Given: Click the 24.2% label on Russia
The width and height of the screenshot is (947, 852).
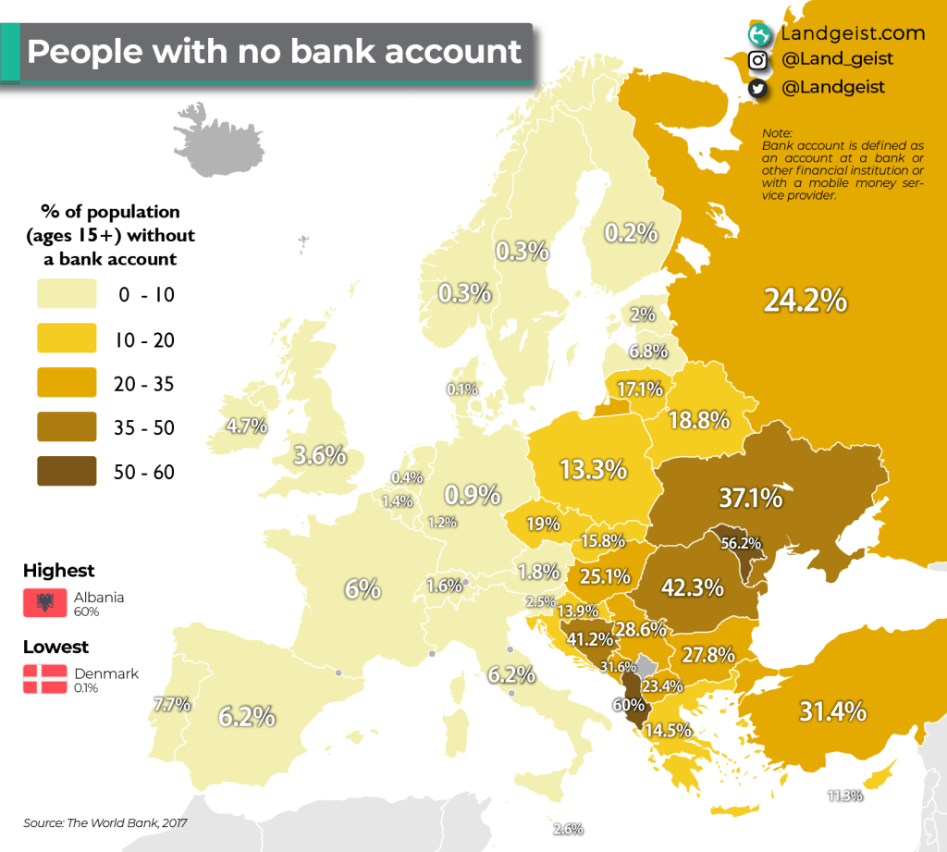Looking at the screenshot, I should (805, 301).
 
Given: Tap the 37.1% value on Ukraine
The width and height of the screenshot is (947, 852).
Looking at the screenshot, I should (751, 499).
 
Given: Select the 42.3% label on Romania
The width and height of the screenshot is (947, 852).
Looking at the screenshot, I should (693, 587).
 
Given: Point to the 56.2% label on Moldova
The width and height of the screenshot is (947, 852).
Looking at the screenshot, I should (741, 544).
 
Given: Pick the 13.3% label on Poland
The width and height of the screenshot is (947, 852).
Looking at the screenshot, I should (594, 469).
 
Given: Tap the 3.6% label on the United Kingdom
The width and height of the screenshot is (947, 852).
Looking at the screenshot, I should (320, 455).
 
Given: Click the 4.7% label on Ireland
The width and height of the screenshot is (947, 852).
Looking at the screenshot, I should (247, 426).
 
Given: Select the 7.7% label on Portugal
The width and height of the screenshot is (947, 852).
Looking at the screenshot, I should (171, 704).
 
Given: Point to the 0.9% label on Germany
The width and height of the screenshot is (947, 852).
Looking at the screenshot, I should (473, 494).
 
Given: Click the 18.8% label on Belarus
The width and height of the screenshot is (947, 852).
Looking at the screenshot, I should (700, 420).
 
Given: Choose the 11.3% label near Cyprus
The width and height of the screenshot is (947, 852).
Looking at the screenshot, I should (845, 796).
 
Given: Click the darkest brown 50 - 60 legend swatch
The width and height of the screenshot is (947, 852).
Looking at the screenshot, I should (68, 472).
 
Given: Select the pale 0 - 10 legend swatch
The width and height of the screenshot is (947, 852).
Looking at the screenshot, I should (68, 294).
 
